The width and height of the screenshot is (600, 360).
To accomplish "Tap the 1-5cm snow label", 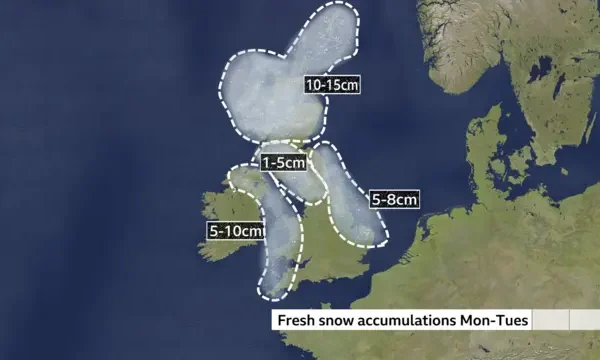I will [x=282, y=162].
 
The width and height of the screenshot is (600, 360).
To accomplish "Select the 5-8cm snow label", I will [x=394, y=199].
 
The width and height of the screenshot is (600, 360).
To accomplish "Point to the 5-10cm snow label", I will [x=237, y=231].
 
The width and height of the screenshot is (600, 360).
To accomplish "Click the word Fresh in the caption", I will [x=297, y=321].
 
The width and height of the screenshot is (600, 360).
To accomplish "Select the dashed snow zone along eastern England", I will [x=350, y=200].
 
